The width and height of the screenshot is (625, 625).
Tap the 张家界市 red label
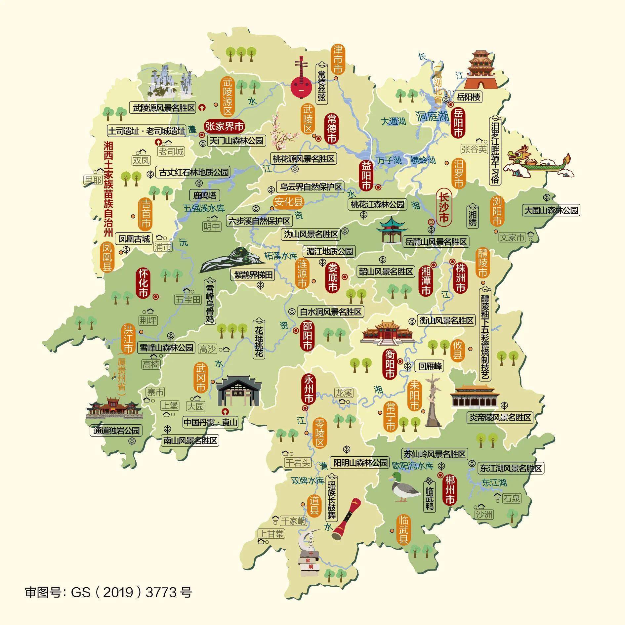tap(225, 126)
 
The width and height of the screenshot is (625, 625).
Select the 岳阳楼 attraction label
tap(468, 97)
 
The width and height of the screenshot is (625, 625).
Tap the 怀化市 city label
tap(143, 283)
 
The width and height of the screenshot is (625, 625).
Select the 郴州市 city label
tap(450, 490)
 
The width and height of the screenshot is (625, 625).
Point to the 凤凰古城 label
tap(134, 238)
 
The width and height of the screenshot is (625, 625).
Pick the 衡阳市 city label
tap(390, 364)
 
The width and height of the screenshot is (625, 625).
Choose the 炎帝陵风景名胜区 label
tap(500, 417)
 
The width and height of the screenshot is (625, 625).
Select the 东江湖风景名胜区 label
tap(511, 468)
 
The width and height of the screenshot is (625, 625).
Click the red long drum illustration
tap(346, 520)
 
